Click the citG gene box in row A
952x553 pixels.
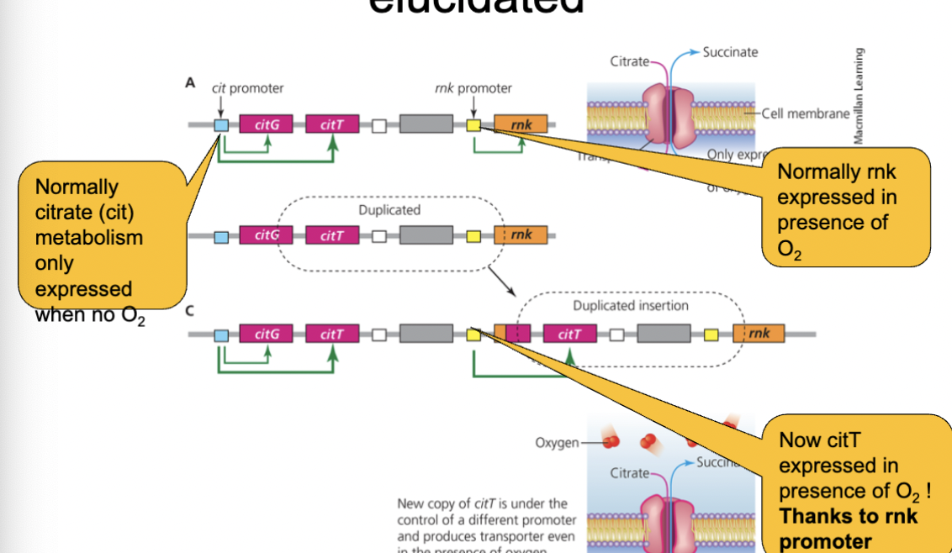point(266,125)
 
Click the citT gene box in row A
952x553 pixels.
point(332,125)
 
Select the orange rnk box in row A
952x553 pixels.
point(521,124)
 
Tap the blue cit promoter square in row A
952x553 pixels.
point(221,125)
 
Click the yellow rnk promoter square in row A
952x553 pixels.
point(473,125)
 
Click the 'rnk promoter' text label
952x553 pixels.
point(473,87)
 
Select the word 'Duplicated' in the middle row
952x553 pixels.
point(389,209)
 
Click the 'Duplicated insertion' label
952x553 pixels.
point(630,306)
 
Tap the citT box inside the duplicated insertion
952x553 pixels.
point(569,334)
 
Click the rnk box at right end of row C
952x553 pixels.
point(759,334)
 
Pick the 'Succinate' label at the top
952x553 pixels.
point(730,52)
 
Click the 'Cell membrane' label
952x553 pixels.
point(806,114)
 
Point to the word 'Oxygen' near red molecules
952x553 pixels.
point(556,442)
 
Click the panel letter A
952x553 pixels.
point(190,84)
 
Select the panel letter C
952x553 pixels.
point(190,311)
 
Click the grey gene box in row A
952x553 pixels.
point(426,125)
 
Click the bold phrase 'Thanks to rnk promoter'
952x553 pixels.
point(848,529)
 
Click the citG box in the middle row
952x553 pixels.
point(266,235)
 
